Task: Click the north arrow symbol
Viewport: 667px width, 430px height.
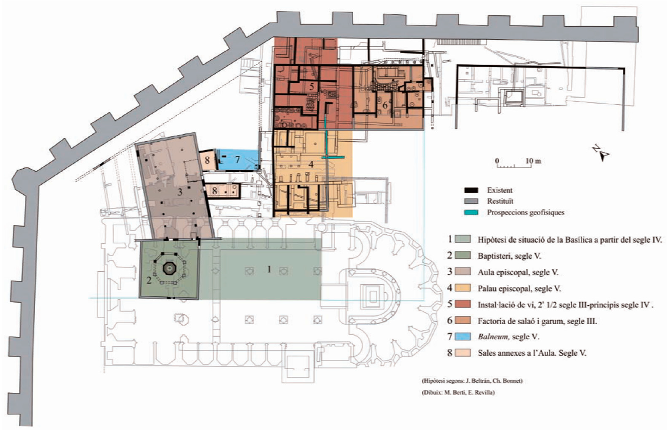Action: point(601,153)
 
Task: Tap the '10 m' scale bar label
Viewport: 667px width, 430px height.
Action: point(533,161)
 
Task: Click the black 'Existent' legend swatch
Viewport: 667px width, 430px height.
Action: point(471,190)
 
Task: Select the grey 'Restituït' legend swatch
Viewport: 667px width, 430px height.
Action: point(471,201)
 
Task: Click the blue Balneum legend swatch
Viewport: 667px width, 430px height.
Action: point(463,337)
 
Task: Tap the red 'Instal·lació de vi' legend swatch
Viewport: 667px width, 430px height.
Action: point(463,304)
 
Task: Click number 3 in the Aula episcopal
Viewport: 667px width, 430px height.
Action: point(180,192)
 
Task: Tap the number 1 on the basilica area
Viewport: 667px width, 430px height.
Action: point(269,269)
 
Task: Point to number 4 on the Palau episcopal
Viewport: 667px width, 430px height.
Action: point(311,164)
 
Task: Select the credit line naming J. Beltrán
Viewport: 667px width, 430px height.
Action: point(472,381)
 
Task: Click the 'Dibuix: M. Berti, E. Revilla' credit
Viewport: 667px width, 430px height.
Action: point(458,393)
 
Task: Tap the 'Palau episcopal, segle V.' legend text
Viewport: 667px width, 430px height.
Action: point(519,288)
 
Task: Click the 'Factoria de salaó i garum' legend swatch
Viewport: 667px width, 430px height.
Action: point(463,320)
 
